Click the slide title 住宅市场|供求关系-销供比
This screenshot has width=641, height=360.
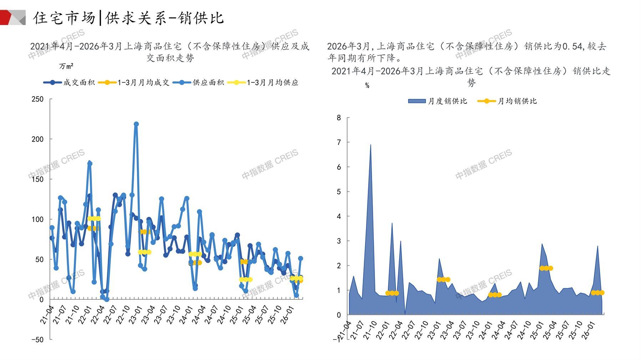(128, 18)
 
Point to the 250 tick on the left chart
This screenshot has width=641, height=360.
(37, 99)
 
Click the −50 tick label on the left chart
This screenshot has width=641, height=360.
(37, 340)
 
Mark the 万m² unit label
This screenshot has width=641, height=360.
(66, 66)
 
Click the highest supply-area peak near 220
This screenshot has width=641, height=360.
(136, 124)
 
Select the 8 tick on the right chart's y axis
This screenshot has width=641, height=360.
(339, 118)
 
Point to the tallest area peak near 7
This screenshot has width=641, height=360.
(370, 145)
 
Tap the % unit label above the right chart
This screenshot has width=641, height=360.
(367, 86)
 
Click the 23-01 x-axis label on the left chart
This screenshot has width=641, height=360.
(136, 315)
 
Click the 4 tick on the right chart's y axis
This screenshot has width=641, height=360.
(339, 216)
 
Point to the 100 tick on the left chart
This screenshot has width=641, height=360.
(37, 219)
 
